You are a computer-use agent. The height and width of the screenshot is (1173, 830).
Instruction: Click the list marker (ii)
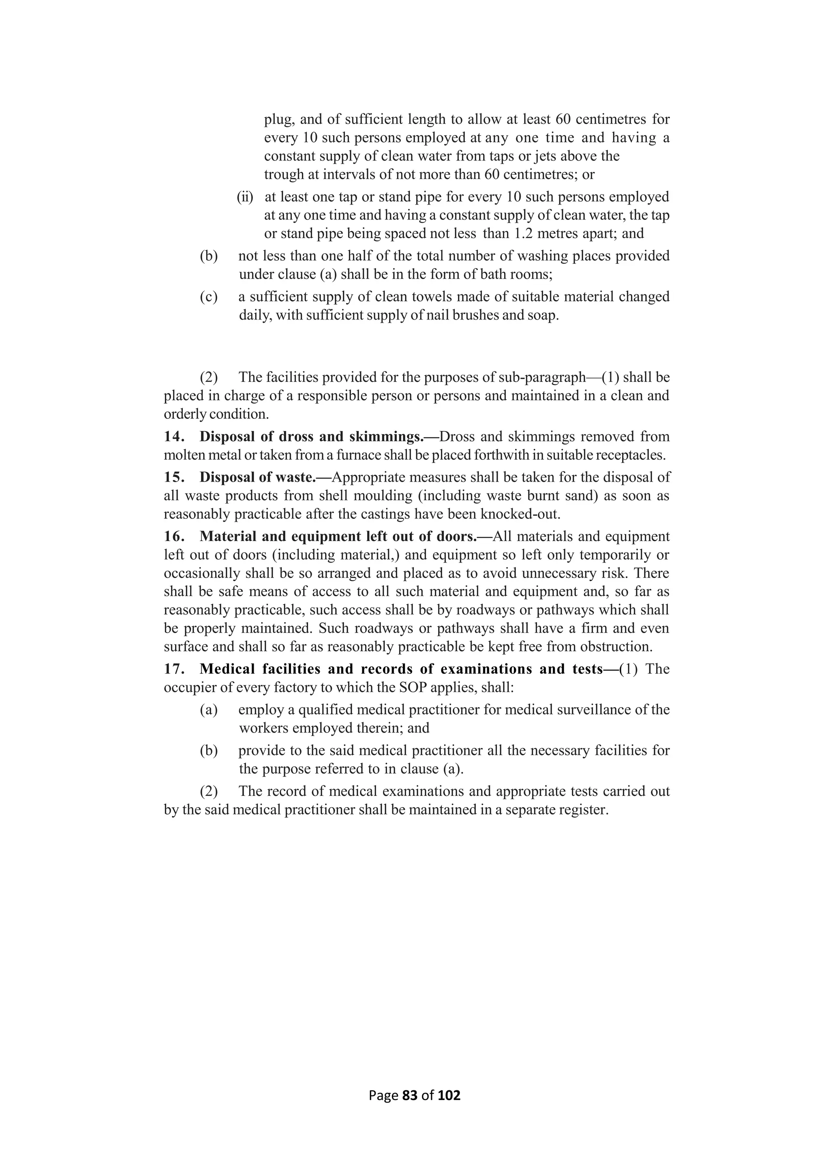pos(245,197)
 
